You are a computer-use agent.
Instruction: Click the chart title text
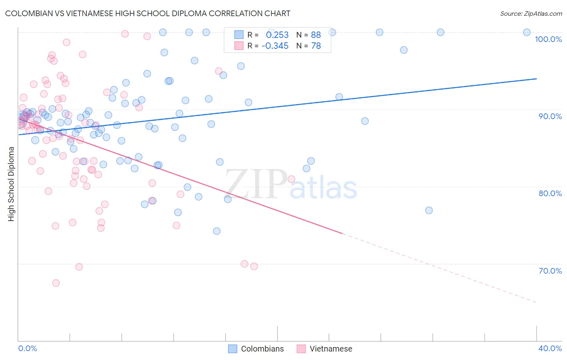click(148, 13)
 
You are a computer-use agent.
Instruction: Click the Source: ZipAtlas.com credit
click(531, 14)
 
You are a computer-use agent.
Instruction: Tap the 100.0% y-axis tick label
click(548, 39)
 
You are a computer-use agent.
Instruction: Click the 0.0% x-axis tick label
click(27, 349)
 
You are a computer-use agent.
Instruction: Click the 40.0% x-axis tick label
click(550, 349)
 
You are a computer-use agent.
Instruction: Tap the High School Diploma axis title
click(11, 184)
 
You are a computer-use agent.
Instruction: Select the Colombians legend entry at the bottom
click(256, 349)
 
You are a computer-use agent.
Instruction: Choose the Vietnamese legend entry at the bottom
click(325, 349)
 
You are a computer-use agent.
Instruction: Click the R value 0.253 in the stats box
click(277, 35)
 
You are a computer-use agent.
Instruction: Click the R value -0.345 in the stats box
click(275, 46)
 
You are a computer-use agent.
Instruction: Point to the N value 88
click(316, 35)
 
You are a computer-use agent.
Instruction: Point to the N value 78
click(316, 46)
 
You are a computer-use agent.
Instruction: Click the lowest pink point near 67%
click(56, 283)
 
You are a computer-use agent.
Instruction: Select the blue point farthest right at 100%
click(527, 32)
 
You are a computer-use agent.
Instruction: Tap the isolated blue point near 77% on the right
click(429, 210)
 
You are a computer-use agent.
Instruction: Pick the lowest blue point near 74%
click(217, 231)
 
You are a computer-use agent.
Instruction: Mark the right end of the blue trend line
click(536, 79)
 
